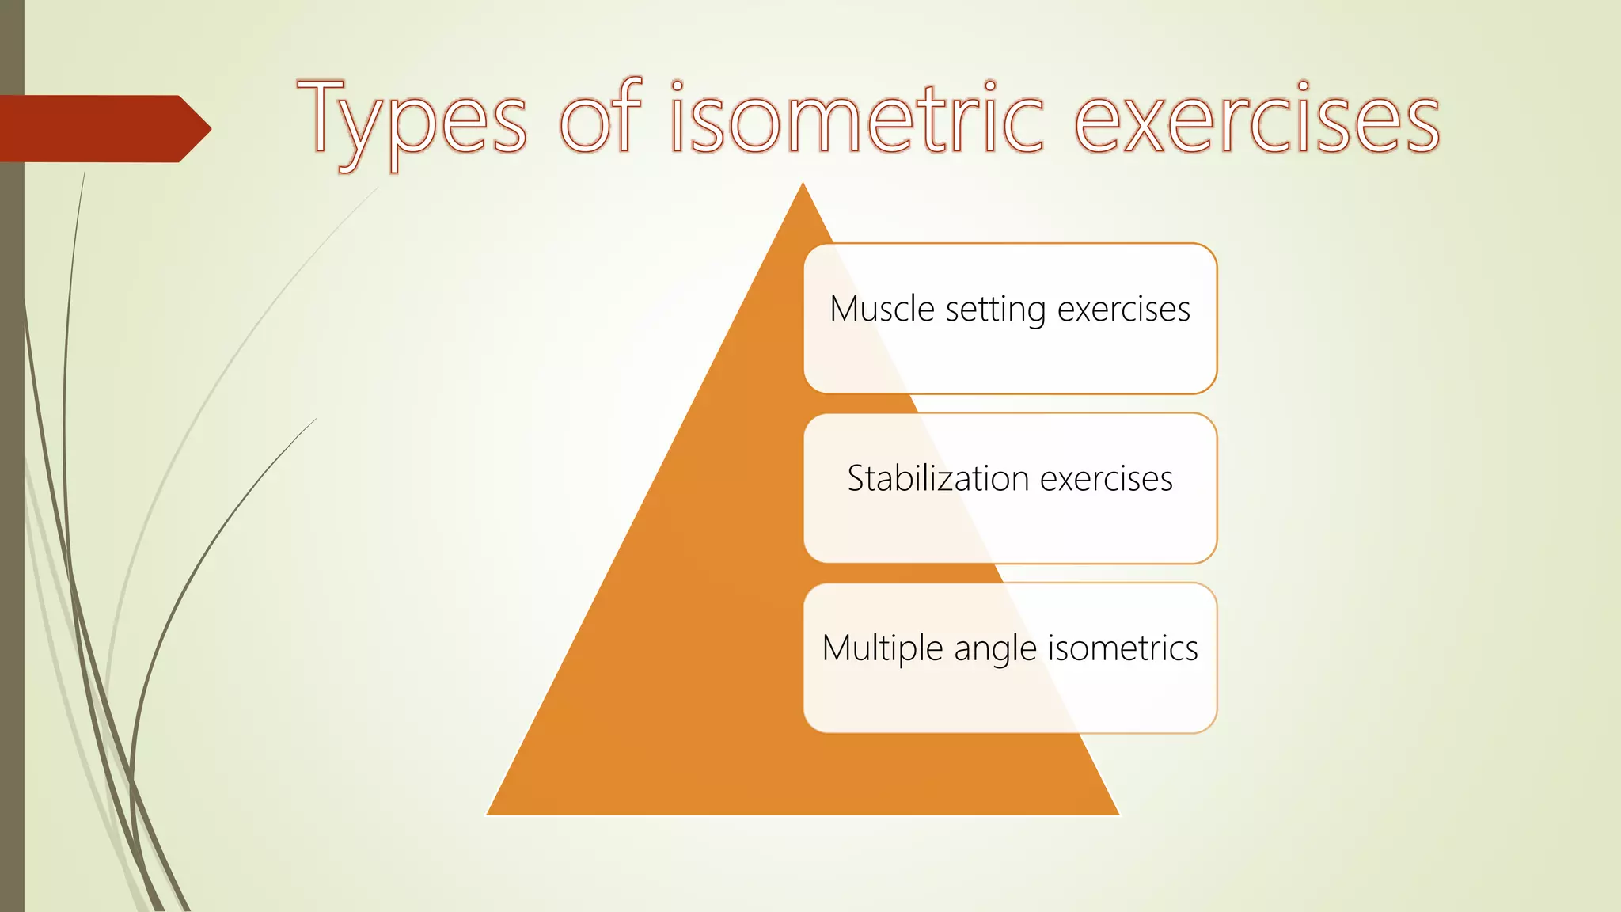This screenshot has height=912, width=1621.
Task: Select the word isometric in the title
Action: pos(856,119)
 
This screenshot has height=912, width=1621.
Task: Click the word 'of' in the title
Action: pos(599,117)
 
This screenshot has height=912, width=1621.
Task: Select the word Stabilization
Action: pos(938,478)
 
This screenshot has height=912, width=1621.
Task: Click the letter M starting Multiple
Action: pos(839,648)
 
